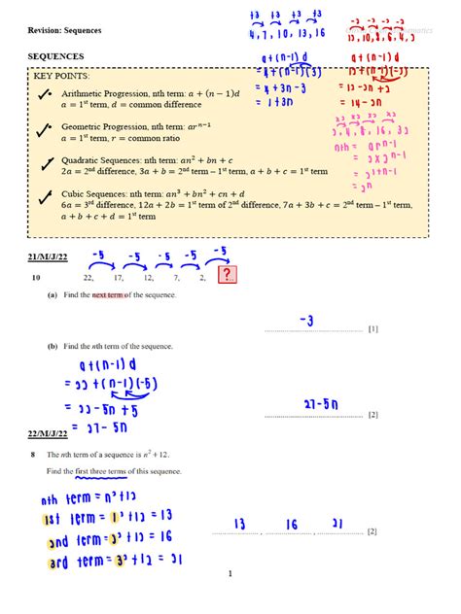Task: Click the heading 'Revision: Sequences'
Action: tap(64, 30)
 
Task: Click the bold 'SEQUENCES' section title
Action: tap(56, 57)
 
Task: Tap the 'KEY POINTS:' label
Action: tap(61, 75)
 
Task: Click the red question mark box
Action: tap(228, 277)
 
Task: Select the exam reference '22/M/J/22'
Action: tap(49, 432)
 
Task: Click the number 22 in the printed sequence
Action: tap(89, 278)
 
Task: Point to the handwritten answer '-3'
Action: tap(305, 321)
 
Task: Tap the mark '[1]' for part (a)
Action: tap(372, 329)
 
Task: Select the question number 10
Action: tap(36, 278)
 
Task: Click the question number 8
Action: tap(33, 454)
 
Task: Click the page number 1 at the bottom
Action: tap(230, 574)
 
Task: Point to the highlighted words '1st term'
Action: tap(55, 520)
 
